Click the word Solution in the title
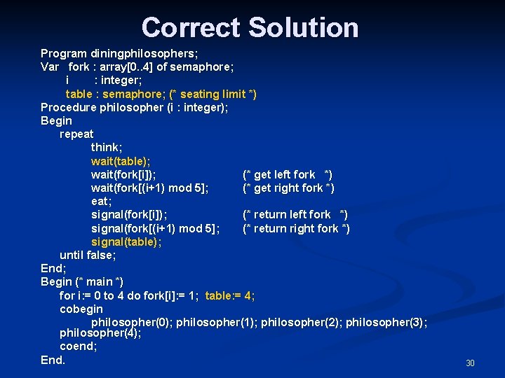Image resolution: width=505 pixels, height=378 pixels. (x=303, y=28)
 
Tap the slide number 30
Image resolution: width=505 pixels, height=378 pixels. (x=470, y=363)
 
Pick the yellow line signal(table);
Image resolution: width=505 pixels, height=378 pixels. (x=126, y=241)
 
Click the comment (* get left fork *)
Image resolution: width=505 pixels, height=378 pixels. (x=288, y=174)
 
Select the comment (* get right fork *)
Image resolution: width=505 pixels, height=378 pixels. (x=288, y=188)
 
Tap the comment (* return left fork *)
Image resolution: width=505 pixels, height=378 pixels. (x=295, y=214)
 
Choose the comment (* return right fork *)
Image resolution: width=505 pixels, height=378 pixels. (x=296, y=228)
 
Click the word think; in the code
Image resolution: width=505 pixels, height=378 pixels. (x=106, y=148)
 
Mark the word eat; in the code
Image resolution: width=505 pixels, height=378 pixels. (x=101, y=201)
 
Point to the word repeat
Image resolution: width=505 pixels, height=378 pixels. (x=76, y=134)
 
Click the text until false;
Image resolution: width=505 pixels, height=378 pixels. (x=88, y=255)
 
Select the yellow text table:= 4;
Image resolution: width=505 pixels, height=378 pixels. (x=230, y=295)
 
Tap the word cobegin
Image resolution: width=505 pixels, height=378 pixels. (x=81, y=309)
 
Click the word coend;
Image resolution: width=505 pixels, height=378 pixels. (x=79, y=346)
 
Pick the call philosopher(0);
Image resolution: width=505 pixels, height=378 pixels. (x=132, y=322)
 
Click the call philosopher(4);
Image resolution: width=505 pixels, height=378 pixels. (x=100, y=333)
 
